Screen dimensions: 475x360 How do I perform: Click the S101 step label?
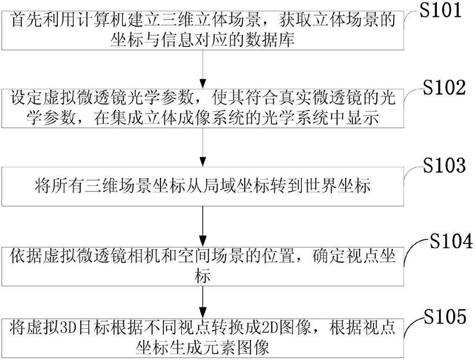(x=440, y=10)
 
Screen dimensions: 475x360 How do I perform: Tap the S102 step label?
(x=444, y=87)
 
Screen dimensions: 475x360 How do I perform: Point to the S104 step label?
(x=451, y=241)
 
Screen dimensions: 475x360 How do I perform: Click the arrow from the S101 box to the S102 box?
(x=203, y=69)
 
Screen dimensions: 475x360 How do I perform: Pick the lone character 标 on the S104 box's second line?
(x=203, y=276)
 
